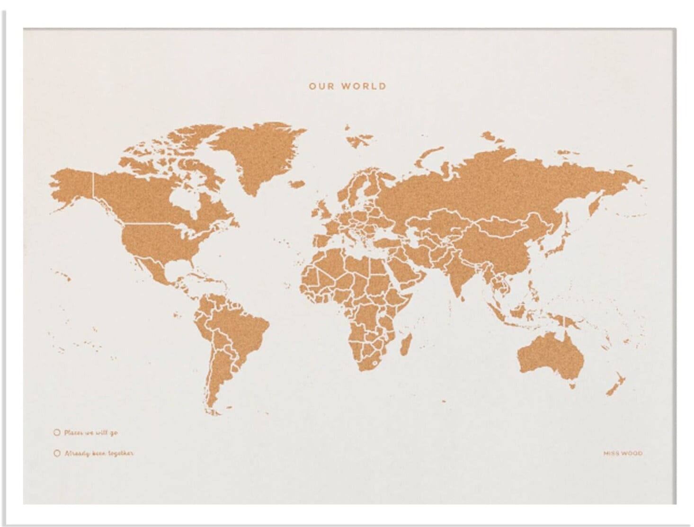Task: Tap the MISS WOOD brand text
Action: tap(623, 453)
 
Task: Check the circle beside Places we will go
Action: tap(57, 432)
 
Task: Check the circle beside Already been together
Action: tap(57, 453)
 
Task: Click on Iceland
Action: tap(299, 183)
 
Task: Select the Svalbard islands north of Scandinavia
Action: tap(357, 138)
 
